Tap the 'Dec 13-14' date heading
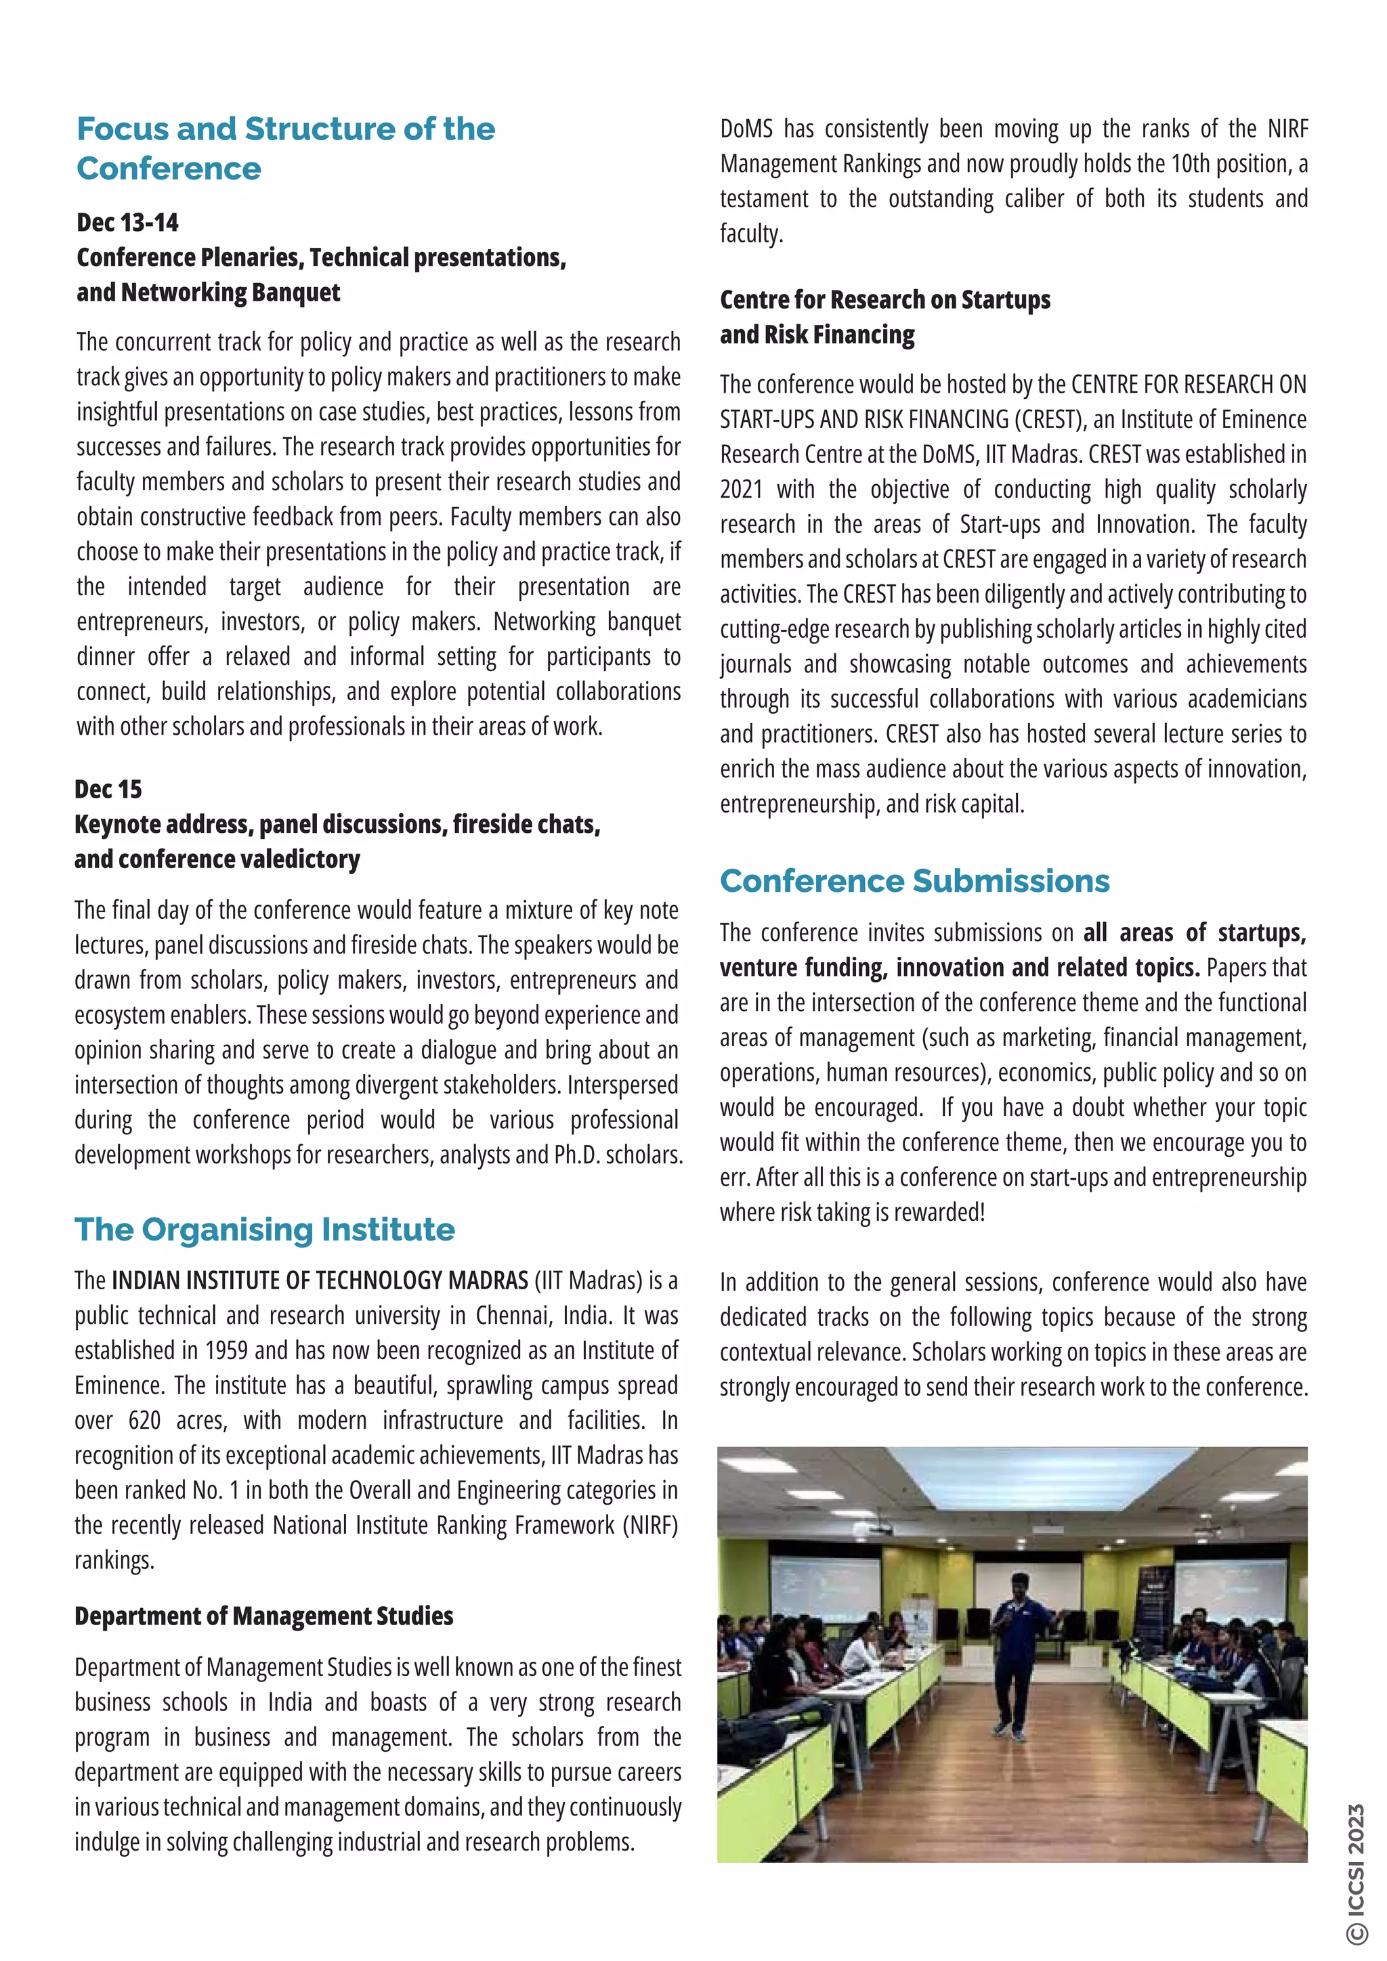(127, 223)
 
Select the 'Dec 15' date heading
(108, 789)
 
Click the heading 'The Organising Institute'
(265, 1229)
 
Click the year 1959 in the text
(226, 1350)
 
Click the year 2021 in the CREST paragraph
(740, 490)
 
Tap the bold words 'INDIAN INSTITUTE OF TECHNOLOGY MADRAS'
(320, 1280)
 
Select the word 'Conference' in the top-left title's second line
(169, 169)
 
